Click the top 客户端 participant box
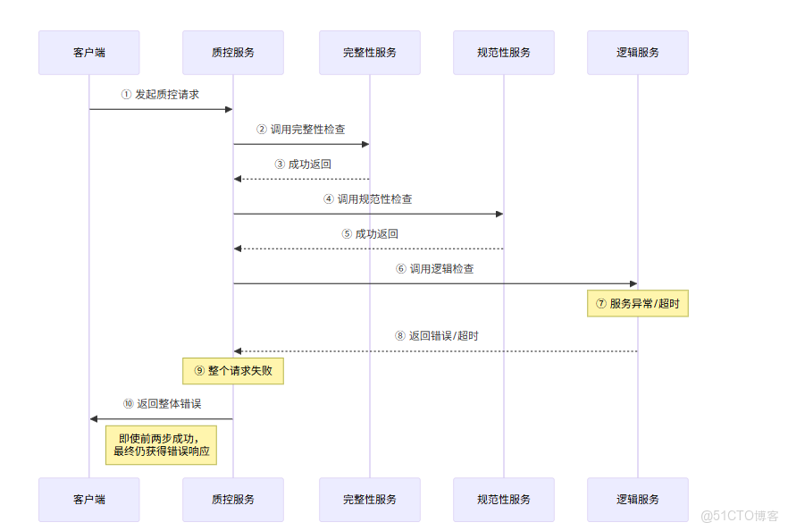[x=88, y=53]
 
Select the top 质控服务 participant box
[x=233, y=53]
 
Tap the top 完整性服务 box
[x=369, y=53]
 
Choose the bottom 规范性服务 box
[x=504, y=499]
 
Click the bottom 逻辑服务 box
[x=638, y=499]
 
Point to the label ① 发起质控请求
[x=161, y=95]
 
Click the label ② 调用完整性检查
[x=301, y=130]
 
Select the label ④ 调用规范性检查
[x=368, y=199]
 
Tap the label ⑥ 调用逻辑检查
[x=435, y=269]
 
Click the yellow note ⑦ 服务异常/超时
[x=638, y=304]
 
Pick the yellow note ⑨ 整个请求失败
[x=233, y=370]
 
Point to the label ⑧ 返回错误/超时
[x=436, y=337]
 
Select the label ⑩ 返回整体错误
[x=162, y=404]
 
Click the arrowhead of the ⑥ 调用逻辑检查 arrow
[x=633, y=284]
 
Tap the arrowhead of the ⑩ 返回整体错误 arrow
[x=94, y=418]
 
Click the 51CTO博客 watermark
[x=740, y=516]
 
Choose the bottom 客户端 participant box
[x=88, y=499]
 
